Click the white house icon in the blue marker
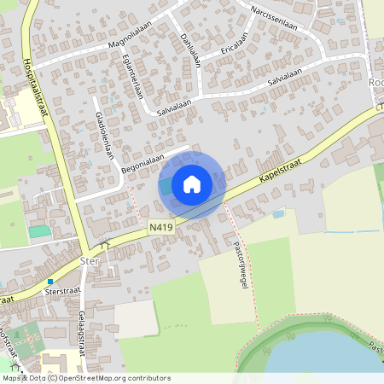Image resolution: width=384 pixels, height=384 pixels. point(192,183)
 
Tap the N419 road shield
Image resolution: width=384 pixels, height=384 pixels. point(159,227)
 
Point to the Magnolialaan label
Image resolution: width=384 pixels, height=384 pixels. point(135,38)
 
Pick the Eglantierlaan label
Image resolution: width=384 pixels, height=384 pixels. point(133,76)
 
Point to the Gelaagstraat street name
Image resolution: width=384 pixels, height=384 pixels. point(82,333)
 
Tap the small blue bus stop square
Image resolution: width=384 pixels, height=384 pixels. point(50,281)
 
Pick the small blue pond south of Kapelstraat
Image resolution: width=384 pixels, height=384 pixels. point(278,213)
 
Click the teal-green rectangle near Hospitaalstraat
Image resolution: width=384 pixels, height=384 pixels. point(38,231)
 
